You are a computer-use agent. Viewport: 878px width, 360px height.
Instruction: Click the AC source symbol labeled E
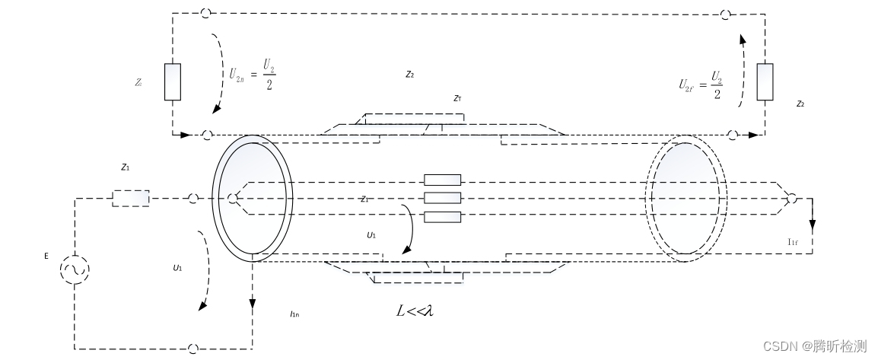(75, 270)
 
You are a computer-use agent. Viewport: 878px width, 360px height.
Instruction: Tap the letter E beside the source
(46, 256)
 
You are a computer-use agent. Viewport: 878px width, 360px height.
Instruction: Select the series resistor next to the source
(131, 198)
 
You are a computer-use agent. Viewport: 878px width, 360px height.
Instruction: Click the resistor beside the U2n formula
(173, 82)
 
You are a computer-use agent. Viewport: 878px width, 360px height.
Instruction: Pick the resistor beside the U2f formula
(765, 82)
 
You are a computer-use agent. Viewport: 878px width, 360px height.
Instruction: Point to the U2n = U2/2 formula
(251, 75)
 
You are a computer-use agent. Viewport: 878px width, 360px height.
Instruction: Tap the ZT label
(456, 98)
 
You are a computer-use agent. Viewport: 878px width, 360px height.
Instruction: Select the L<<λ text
(415, 311)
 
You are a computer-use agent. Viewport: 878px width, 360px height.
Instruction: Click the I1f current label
(794, 241)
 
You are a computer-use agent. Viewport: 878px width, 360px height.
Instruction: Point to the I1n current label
(295, 314)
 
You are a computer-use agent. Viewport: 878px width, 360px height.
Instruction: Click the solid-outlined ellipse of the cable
(251, 199)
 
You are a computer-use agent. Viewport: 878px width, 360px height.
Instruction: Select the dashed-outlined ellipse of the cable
(686, 199)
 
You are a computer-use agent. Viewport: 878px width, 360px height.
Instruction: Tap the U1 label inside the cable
(371, 236)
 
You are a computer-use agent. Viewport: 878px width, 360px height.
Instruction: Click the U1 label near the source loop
(177, 268)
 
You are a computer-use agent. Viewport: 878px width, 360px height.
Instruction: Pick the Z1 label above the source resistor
(125, 166)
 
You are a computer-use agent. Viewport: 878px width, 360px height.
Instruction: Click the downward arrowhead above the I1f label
(813, 226)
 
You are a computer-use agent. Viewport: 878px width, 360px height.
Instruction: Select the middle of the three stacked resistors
(442, 198)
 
